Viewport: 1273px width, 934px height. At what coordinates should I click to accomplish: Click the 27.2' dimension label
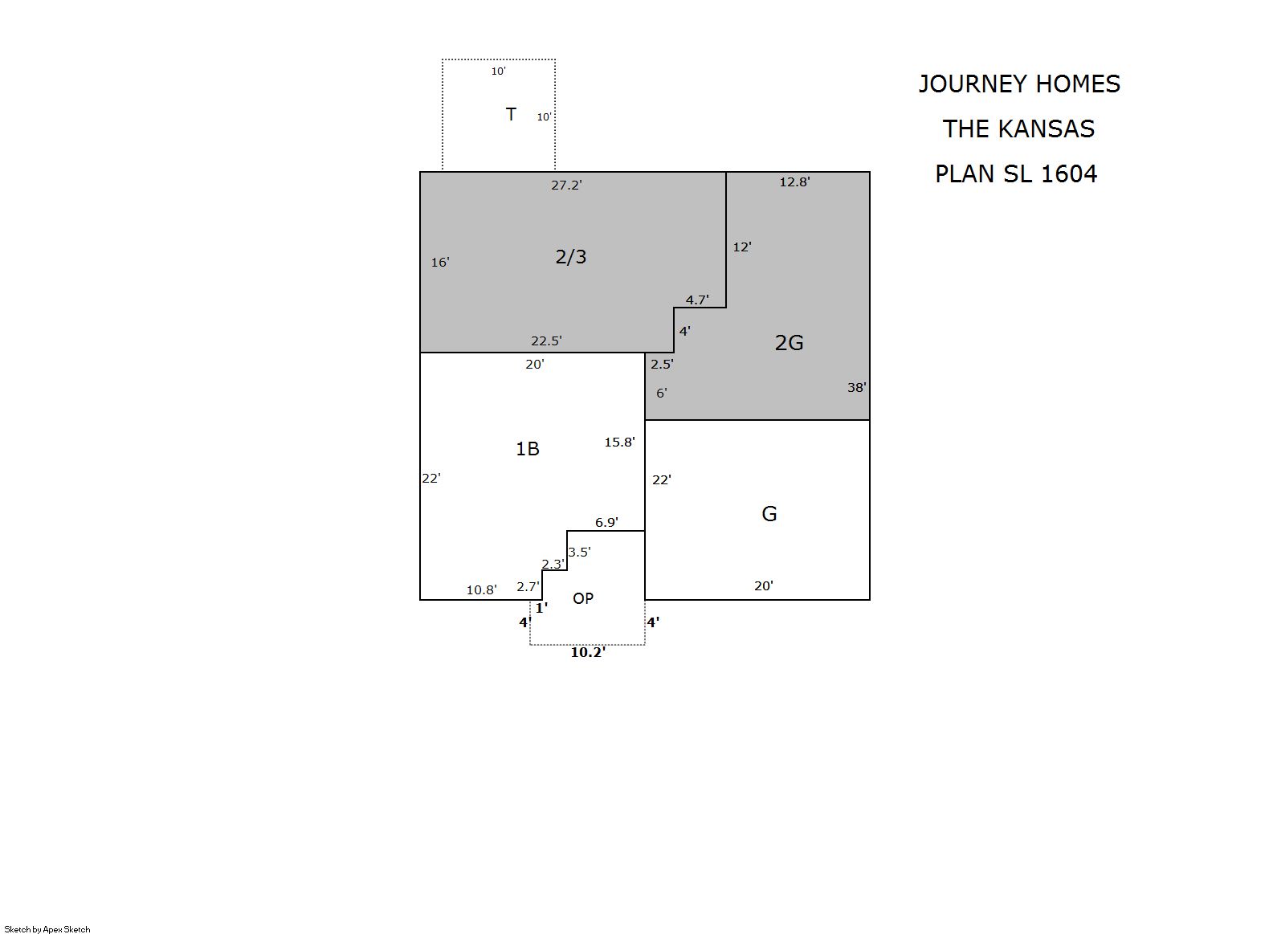click(x=566, y=186)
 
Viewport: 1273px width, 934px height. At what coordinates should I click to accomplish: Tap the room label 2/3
click(x=570, y=257)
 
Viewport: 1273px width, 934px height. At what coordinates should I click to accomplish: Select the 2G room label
click(x=789, y=343)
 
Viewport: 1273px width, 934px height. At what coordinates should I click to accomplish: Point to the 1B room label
click(x=527, y=449)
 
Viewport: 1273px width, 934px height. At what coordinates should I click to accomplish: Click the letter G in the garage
click(x=769, y=514)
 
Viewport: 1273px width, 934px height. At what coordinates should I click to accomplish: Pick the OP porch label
click(x=583, y=598)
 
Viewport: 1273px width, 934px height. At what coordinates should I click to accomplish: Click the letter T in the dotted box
click(x=511, y=114)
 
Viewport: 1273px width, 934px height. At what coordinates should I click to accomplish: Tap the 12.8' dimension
click(x=794, y=181)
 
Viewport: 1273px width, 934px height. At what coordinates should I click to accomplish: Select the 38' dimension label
click(x=857, y=387)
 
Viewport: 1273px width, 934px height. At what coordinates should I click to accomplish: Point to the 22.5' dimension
click(x=546, y=341)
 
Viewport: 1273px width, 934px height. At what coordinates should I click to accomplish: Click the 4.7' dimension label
click(x=697, y=300)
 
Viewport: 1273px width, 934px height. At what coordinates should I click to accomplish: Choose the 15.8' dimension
click(x=619, y=442)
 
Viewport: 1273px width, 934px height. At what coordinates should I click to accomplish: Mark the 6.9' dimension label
click(x=606, y=522)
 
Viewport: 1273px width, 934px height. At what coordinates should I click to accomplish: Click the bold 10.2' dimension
click(x=588, y=652)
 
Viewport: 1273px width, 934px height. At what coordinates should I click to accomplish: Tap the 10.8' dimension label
click(x=481, y=589)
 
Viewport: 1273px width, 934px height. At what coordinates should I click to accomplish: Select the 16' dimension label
click(x=440, y=262)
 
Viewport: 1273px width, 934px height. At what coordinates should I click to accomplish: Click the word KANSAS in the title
click(x=1047, y=129)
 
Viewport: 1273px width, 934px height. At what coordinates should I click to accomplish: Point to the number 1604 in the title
click(x=1068, y=173)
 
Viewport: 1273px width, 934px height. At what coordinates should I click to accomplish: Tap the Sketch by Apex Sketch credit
click(x=47, y=929)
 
